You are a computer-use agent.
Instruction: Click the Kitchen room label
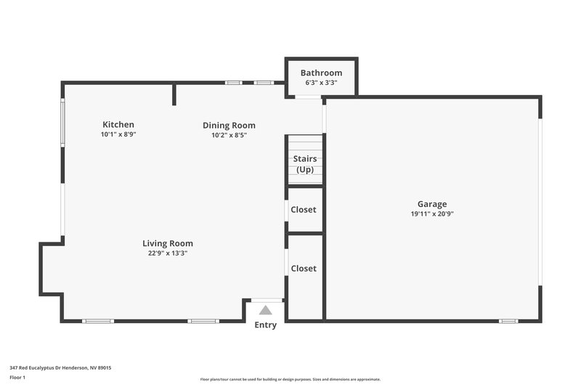118,125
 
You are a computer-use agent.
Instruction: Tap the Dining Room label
229,126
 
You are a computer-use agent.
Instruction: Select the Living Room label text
168,243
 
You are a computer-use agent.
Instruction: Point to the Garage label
431,204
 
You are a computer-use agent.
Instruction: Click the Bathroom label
321,73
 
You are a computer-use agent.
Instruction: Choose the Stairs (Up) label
304,164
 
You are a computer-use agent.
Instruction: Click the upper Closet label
304,210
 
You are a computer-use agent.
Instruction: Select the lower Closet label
304,269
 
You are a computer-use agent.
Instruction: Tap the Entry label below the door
265,325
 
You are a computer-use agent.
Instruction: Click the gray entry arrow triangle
266,310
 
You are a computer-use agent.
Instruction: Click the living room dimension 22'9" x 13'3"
168,253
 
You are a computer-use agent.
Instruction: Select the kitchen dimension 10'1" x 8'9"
118,134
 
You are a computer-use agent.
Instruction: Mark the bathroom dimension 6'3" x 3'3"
321,83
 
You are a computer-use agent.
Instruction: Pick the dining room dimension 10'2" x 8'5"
229,135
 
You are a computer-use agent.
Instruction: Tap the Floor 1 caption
17,378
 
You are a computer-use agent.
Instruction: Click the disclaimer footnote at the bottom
290,379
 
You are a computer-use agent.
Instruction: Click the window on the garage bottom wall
508,321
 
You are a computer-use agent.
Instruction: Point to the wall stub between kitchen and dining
174,94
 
